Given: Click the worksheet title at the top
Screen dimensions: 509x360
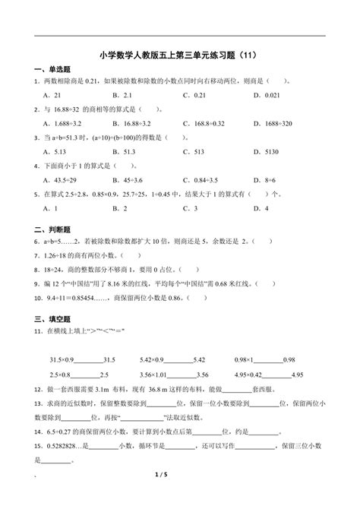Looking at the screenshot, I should point(180,55).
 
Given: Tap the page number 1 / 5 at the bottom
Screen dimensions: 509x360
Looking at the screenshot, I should point(180,498).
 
